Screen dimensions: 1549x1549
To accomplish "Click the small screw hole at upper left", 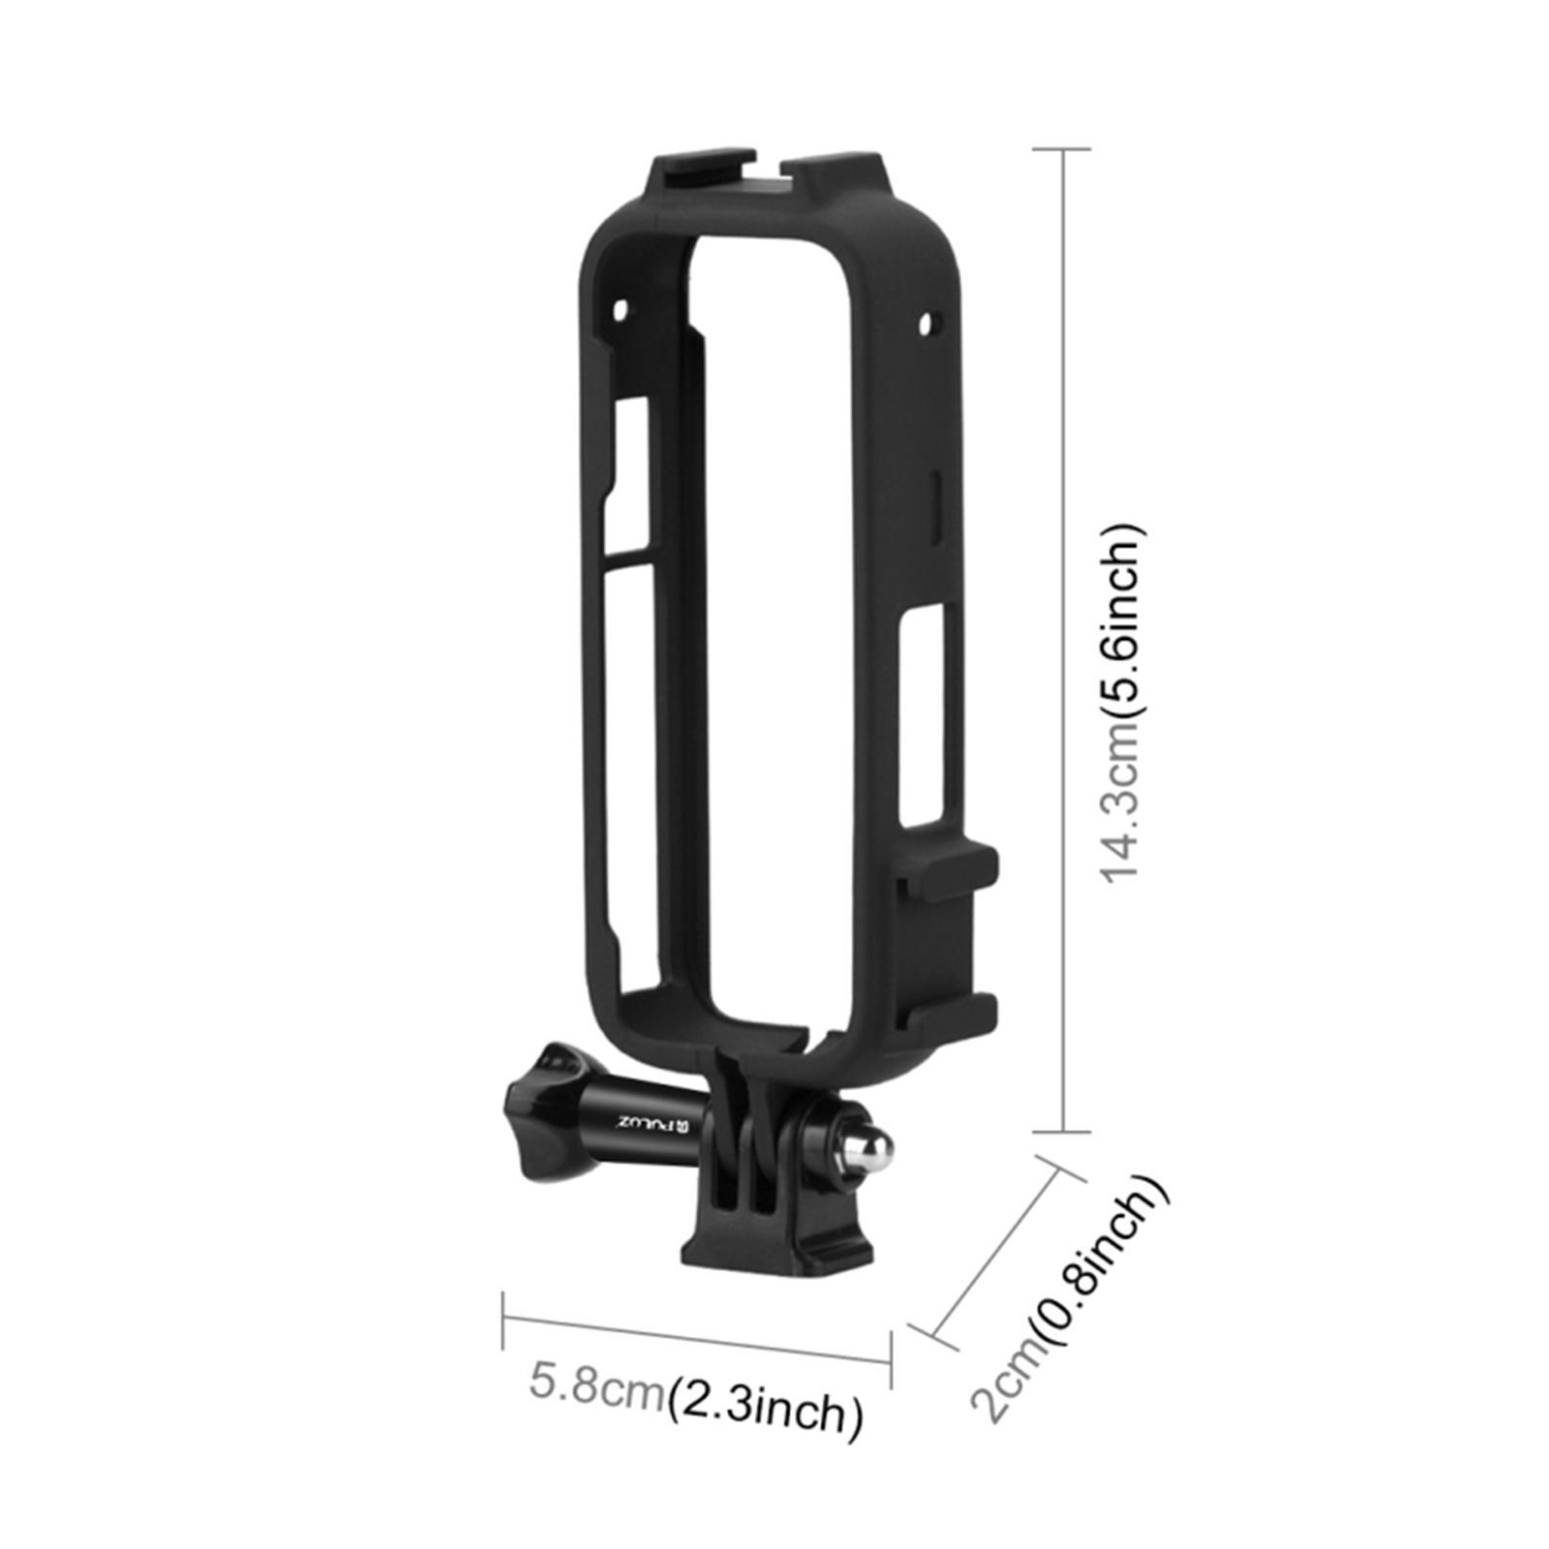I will coord(620,312).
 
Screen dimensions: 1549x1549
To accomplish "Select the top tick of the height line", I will coord(1063,150).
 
